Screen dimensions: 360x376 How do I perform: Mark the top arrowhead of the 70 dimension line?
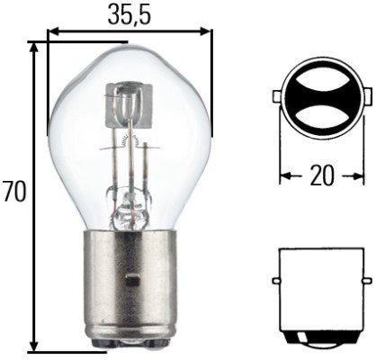coord(35,47)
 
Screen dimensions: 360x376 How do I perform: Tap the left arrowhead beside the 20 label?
coord(285,175)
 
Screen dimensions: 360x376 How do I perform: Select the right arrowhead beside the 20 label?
coord(356,175)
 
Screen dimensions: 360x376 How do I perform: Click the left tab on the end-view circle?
coord(275,96)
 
